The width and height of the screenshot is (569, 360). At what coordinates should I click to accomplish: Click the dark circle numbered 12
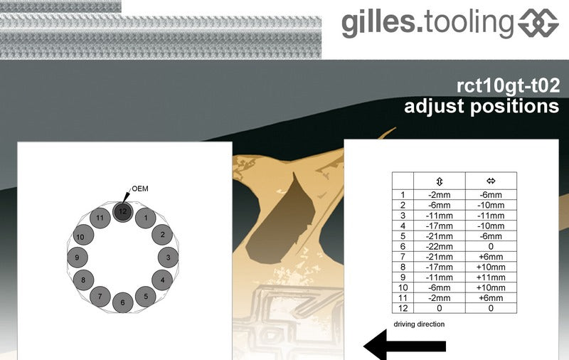122,212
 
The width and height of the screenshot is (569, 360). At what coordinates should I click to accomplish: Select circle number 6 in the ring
122,302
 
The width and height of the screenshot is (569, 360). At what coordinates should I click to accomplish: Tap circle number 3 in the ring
168,258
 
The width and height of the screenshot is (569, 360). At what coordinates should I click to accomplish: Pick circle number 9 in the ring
78,258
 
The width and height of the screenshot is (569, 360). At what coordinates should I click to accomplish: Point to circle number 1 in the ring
146,218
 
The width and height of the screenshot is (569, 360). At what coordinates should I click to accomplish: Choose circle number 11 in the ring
100,218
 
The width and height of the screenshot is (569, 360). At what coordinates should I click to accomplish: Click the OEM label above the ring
140,189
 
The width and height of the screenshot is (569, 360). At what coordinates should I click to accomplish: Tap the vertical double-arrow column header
440,181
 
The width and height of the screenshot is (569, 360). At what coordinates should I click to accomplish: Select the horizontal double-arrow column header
491,181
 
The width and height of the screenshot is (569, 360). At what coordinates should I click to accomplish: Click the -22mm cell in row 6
440,246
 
